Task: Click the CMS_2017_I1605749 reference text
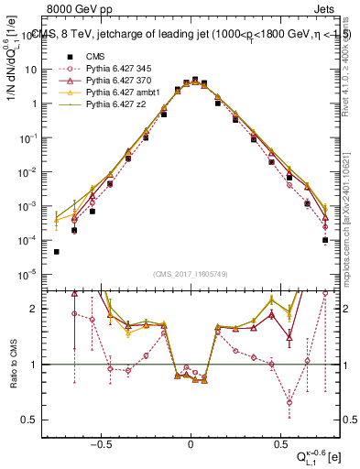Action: click(190, 274)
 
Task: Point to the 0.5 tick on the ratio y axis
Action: click(27, 420)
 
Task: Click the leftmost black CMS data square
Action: click(56, 252)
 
